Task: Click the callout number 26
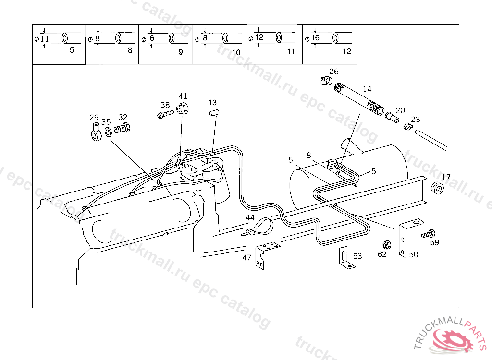[x=334, y=72]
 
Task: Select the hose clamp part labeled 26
[x=326, y=81]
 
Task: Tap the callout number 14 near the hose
[x=367, y=89]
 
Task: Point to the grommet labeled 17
[x=437, y=188]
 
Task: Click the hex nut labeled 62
[x=387, y=245]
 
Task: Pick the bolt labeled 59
[x=428, y=234]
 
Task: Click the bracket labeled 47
[x=265, y=254]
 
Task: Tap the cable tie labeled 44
[x=259, y=228]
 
